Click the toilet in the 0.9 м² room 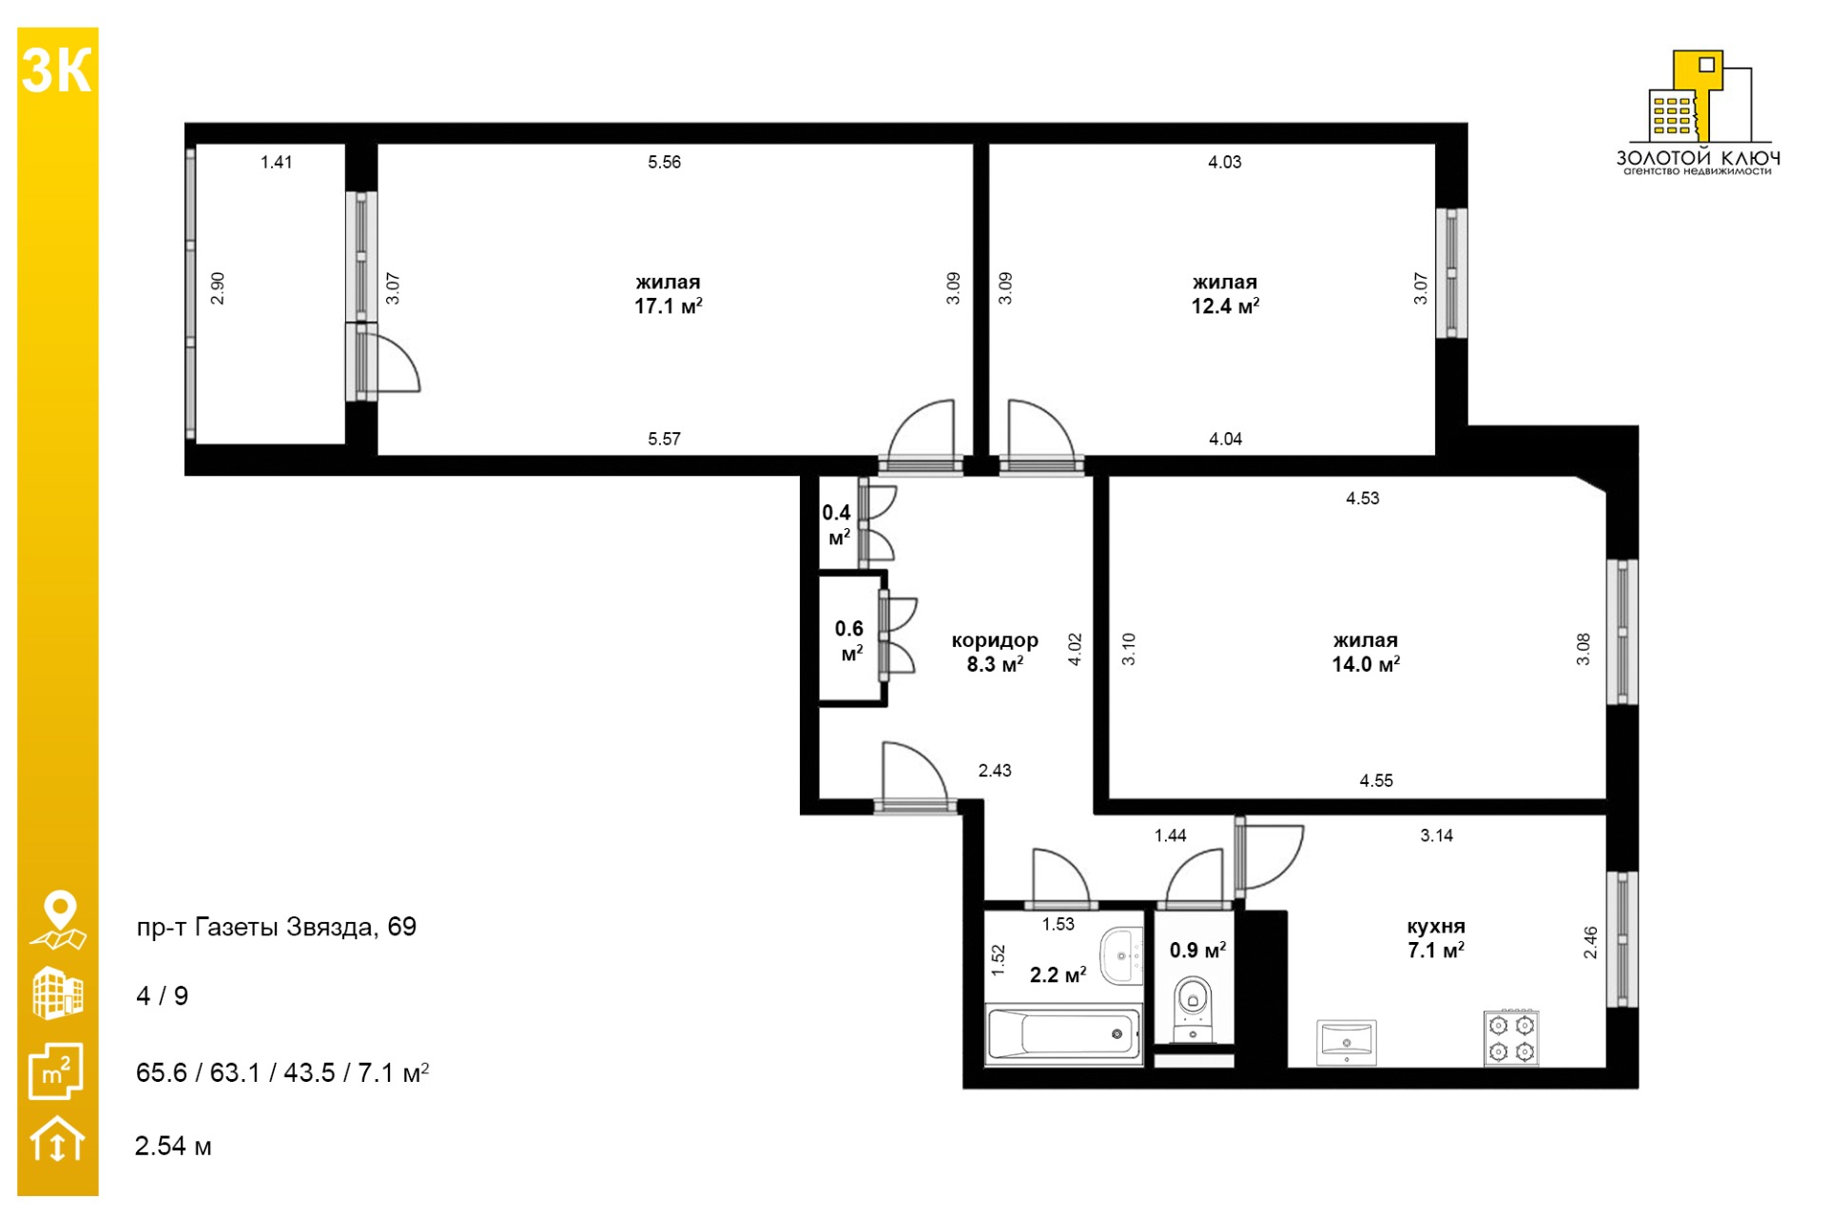[1194, 1009]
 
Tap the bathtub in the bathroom [1063, 1033]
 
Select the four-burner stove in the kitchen [1511, 1038]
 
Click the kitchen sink [1347, 1043]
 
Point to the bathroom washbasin [1122, 955]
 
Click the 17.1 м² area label [669, 306]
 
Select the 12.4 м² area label [1225, 306]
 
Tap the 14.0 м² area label [1366, 664]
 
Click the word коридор [995, 640]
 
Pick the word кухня [1436, 926]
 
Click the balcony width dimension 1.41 [277, 162]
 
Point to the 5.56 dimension [665, 162]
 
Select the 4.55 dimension [1376, 780]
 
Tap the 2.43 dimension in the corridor [995, 770]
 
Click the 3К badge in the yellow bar [57, 71]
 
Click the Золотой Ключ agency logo [1699, 112]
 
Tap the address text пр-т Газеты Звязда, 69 [277, 927]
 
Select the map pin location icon [59, 920]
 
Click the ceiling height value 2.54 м [173, 1146]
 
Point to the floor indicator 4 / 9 [163, 996]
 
